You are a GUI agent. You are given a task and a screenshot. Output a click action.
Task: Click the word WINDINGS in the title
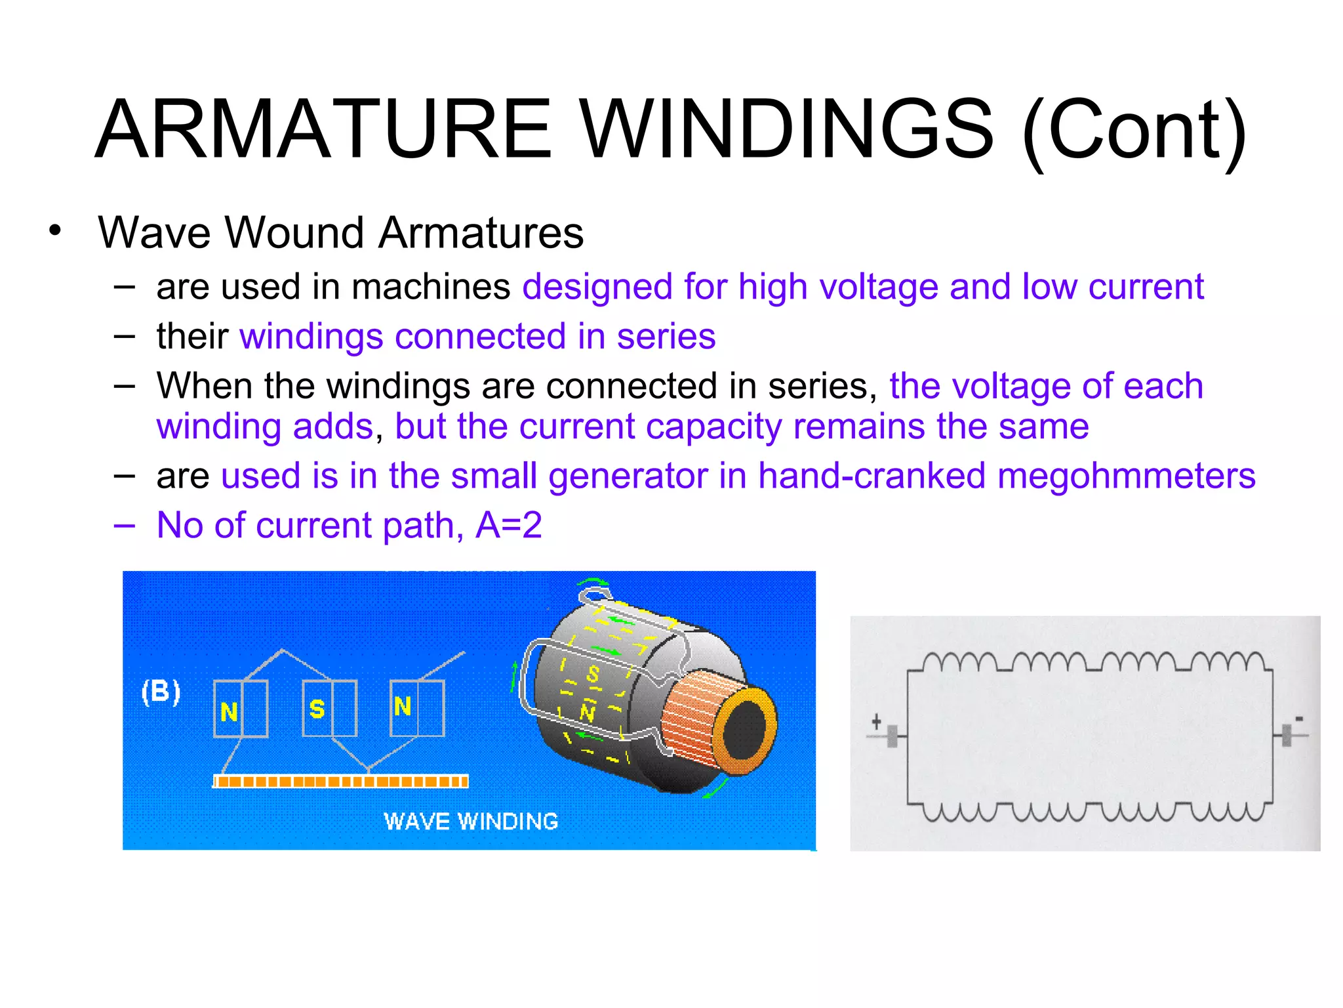pyautogui.click(x=788, y=129)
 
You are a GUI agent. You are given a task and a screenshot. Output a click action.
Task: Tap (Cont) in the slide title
pyautogui.click(x=1134, y=131)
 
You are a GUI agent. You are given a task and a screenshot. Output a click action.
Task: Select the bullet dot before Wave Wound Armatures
pyautogui.click(x=55, y=231)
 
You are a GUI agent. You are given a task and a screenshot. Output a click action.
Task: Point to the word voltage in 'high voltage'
pyautogui.click(x=878, y=287)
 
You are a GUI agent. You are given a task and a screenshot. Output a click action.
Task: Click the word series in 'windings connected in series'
pyautogui.click(x=666, y=337)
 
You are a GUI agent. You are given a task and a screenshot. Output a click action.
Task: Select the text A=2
pyautogui.click(x=509, y=525)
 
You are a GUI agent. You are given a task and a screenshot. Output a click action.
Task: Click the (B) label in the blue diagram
pyautogui.click(x=161, y=692)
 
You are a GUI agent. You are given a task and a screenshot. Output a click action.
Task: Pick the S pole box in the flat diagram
pyautogui.click(x=329, y=709)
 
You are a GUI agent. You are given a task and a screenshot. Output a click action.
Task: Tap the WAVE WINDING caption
pyautogui.click(x=471, y=822)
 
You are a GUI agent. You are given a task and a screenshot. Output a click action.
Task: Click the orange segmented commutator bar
pyautogui.click(x=341, y=781)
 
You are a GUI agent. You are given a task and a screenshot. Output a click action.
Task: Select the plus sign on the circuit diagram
pyautogui.click(x=876, y=723)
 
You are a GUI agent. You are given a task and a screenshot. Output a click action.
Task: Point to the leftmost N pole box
pyautogui.click(x=241, y=709)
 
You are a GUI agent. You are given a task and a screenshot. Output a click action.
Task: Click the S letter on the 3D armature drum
pyautogui.click(x=593, y=674)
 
